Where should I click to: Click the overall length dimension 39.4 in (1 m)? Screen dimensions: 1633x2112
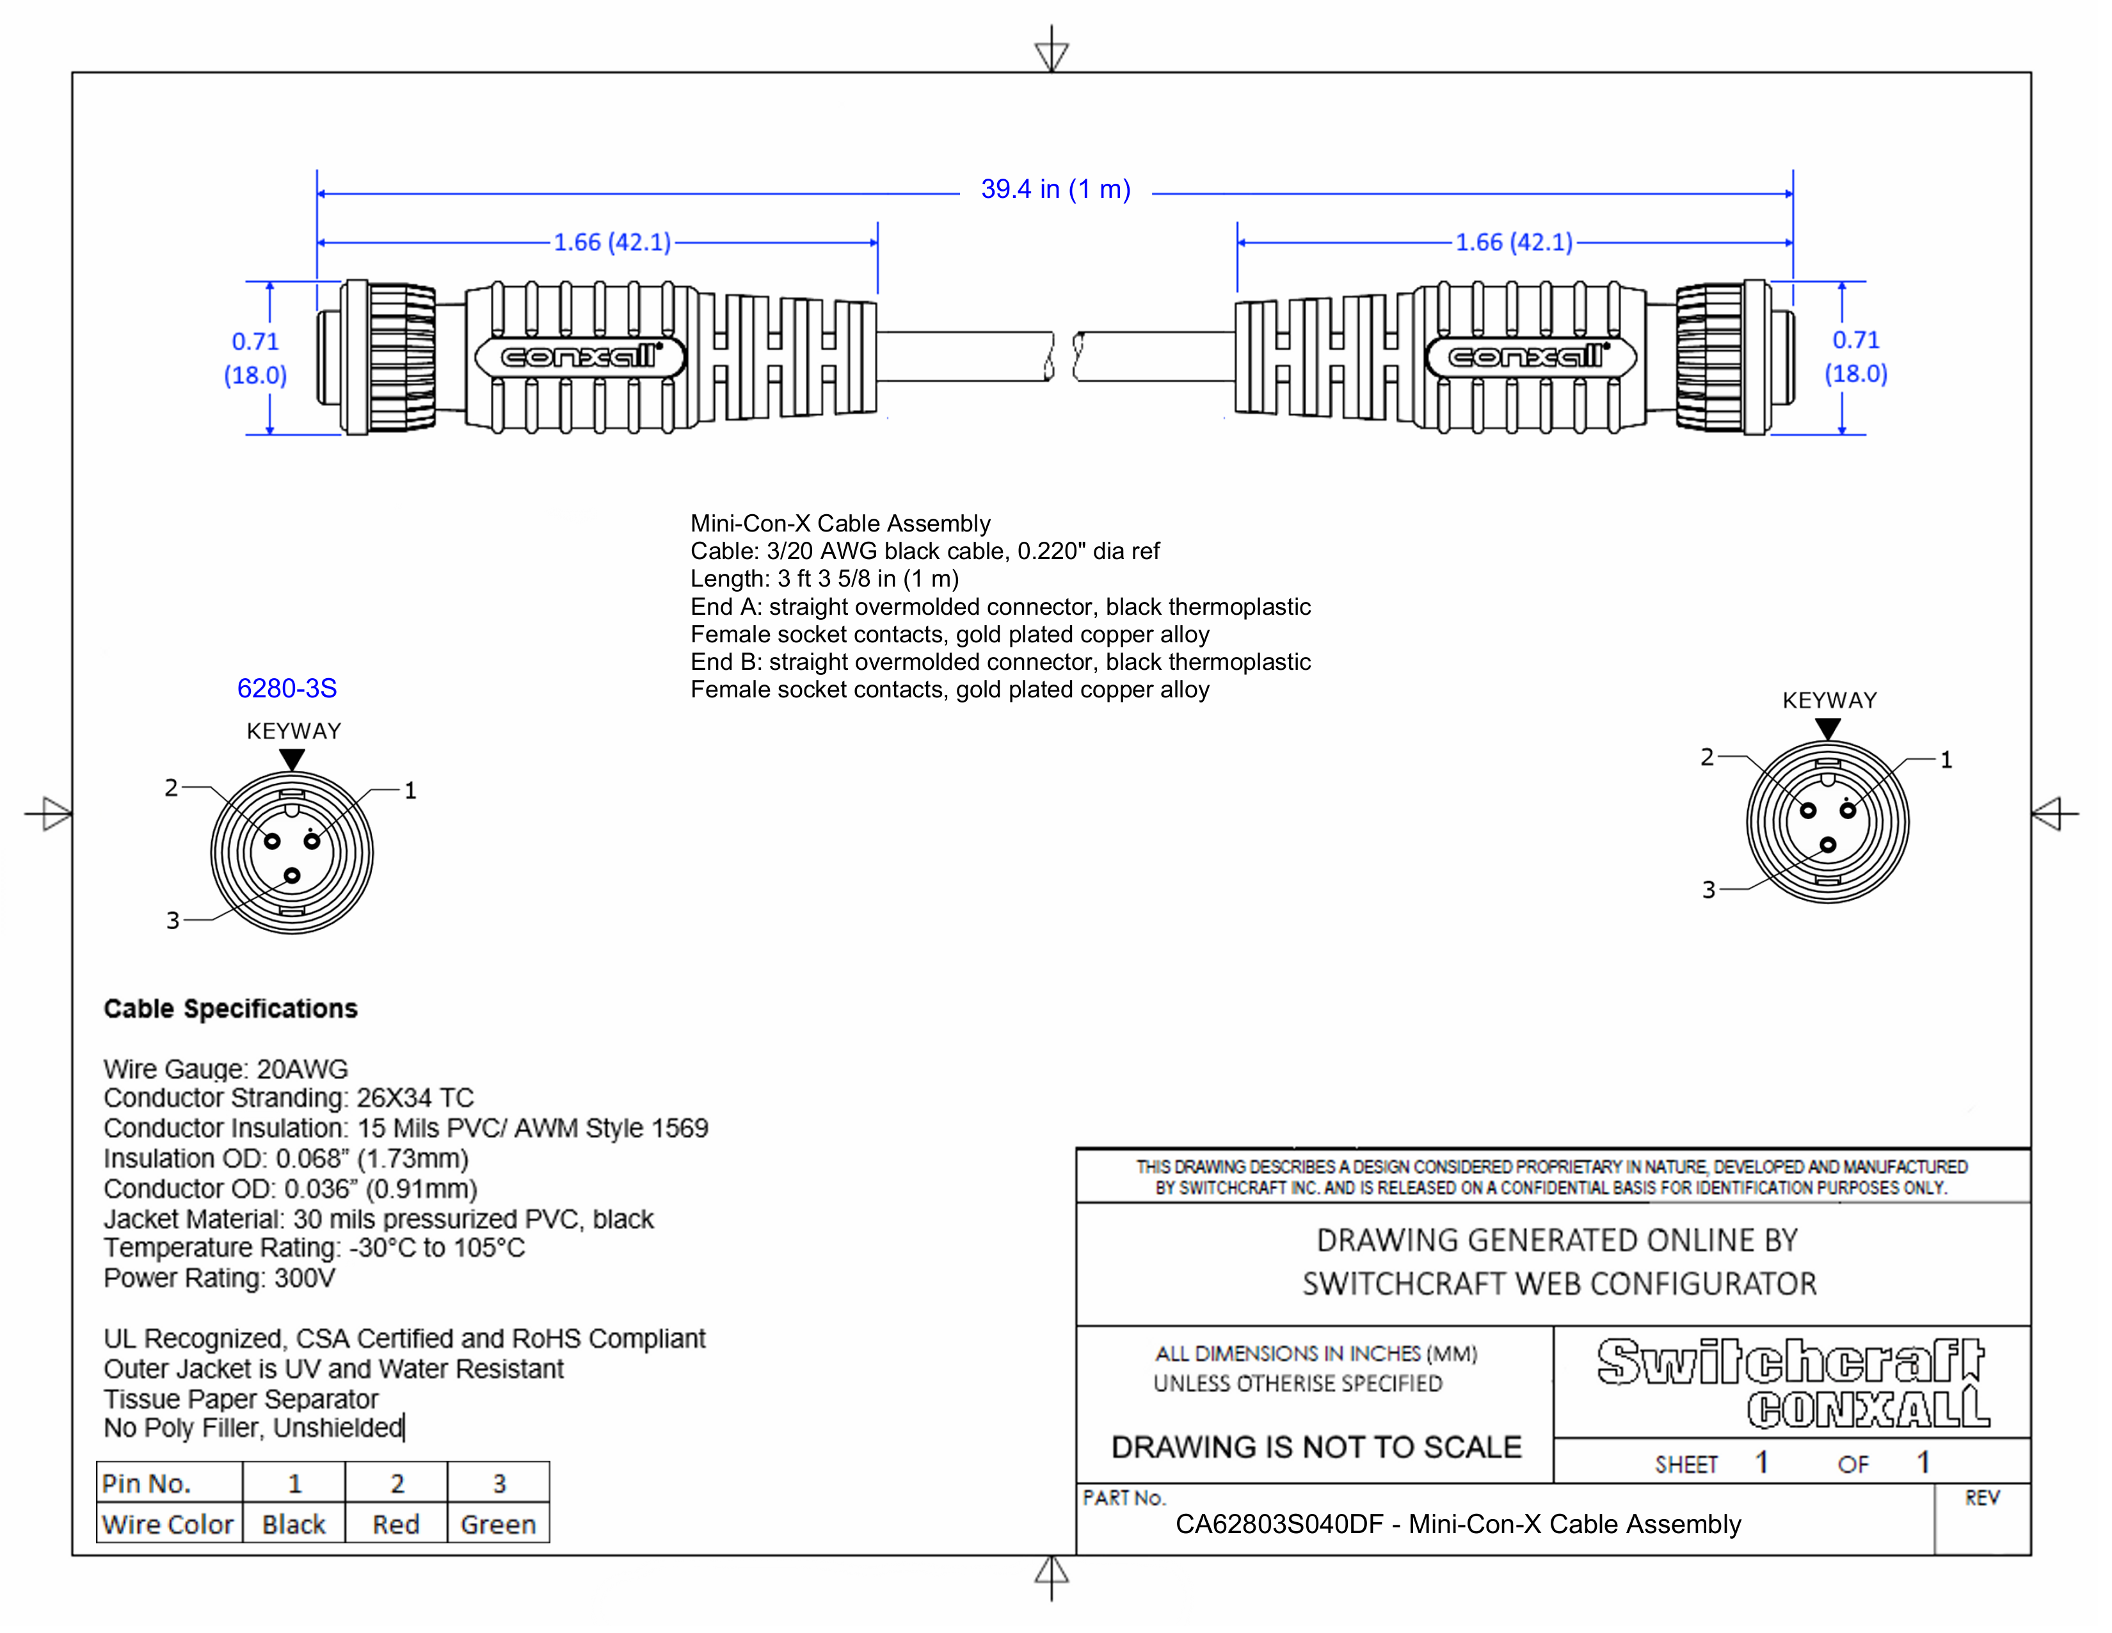point(1055,190)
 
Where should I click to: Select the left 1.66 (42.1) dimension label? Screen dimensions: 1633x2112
point(611,242)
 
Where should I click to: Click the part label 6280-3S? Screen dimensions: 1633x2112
point(287,689)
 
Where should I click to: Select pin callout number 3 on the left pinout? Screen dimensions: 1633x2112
point(173,920)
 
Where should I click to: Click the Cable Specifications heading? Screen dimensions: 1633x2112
point(230,1009)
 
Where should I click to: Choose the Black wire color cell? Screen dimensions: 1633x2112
point(294,1525)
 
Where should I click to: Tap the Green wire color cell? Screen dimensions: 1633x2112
point(498,1525)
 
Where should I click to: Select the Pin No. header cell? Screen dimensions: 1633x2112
point(147,1483)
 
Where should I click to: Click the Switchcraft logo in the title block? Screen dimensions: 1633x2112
point(1790,1362)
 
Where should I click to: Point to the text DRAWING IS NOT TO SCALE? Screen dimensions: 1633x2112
point(1316,1447)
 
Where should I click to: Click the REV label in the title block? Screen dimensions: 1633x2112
point(1981,1499)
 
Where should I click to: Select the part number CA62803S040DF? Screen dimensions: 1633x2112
point(1279,1525)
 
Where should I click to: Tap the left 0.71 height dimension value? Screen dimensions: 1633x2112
point(255,341)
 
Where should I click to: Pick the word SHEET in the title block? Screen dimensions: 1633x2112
point(1686,1465)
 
